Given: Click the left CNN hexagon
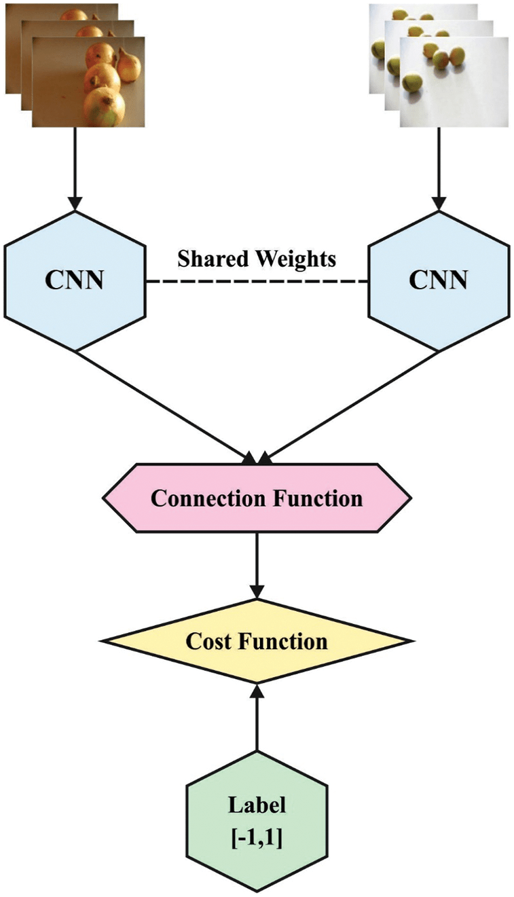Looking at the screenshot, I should [x=75, y=280].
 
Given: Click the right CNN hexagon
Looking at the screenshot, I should [x=438, y=280].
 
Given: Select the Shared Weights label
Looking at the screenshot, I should [x=257, y=258].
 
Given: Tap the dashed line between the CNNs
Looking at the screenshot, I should [x=257, y=281].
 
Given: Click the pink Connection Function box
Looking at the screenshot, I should [x=257, y=498].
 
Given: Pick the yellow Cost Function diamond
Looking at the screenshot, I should [x=257, y=641].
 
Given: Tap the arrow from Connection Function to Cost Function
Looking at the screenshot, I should [x=257, y=564].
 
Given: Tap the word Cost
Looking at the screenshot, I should [x=208, y=641].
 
